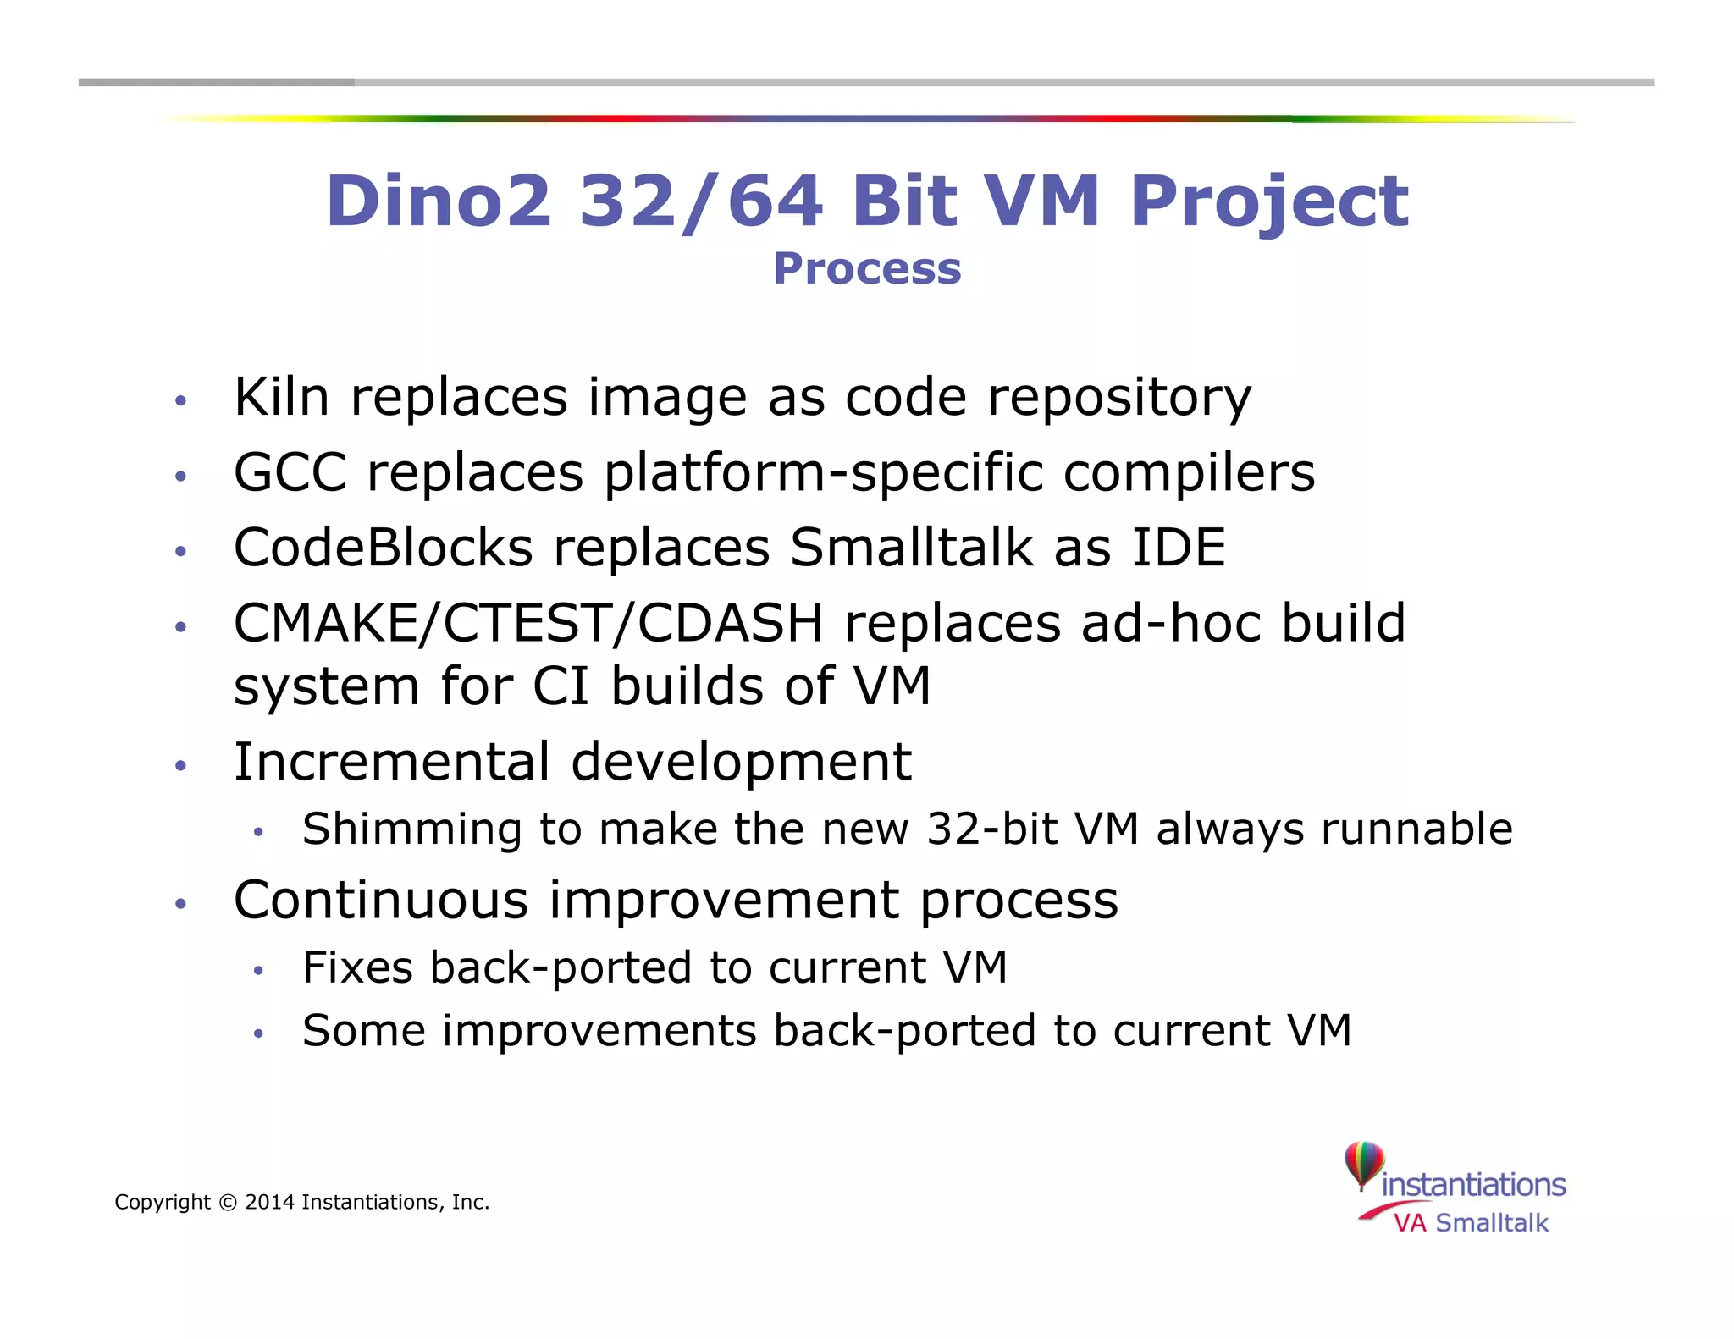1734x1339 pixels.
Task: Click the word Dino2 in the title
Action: pyautogui.click(x=439, y=201)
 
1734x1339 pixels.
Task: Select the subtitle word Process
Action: pyautogui.click(x=867, y=269)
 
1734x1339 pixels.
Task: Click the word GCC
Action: pyautogui.click(x=290, y=472)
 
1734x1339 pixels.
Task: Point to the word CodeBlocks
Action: pyautogui.click(x=383, y=548)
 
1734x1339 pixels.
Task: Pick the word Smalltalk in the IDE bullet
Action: pyautogui.click(x=911, y=548)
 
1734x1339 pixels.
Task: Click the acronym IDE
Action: pyautogui.click(x=1179, y=548)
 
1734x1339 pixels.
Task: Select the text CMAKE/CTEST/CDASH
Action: pyautogui.click(x=528, y=624)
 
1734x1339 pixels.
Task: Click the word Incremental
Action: pyautogui.click(x=392, y=762)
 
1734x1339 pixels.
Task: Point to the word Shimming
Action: pyautogui.click(x=411, y=829)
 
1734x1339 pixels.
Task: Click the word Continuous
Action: pyautogui.click(x=381, y=900)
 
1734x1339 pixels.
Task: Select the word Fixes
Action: pyautogui.click(x=358, y=967)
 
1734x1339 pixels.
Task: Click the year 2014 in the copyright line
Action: pyautogui.click(x=269, y=1203)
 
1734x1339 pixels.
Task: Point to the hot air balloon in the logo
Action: pyautogui.click(x=1363, y=1163)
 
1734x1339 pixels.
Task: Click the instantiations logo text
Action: pyautogui.click(x=1473, y=1185)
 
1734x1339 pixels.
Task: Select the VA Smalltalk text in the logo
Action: pyautogui.click(x=1471, y=1223)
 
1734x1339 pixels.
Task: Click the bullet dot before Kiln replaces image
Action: pyautogui.click(x=179, y=401)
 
